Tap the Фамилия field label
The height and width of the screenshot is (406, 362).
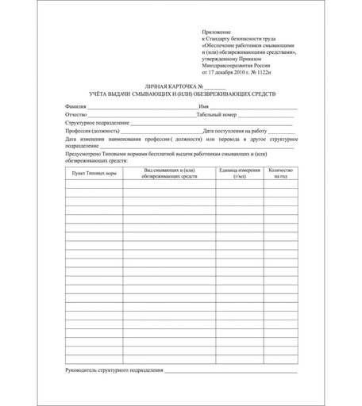click(75, 105)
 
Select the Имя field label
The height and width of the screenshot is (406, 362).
click(204, 105)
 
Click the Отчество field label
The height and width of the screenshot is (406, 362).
click(77, 115)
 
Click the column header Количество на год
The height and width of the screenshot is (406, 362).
click(280, 172)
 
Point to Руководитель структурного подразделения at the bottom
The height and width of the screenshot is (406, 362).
click(114, 370)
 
